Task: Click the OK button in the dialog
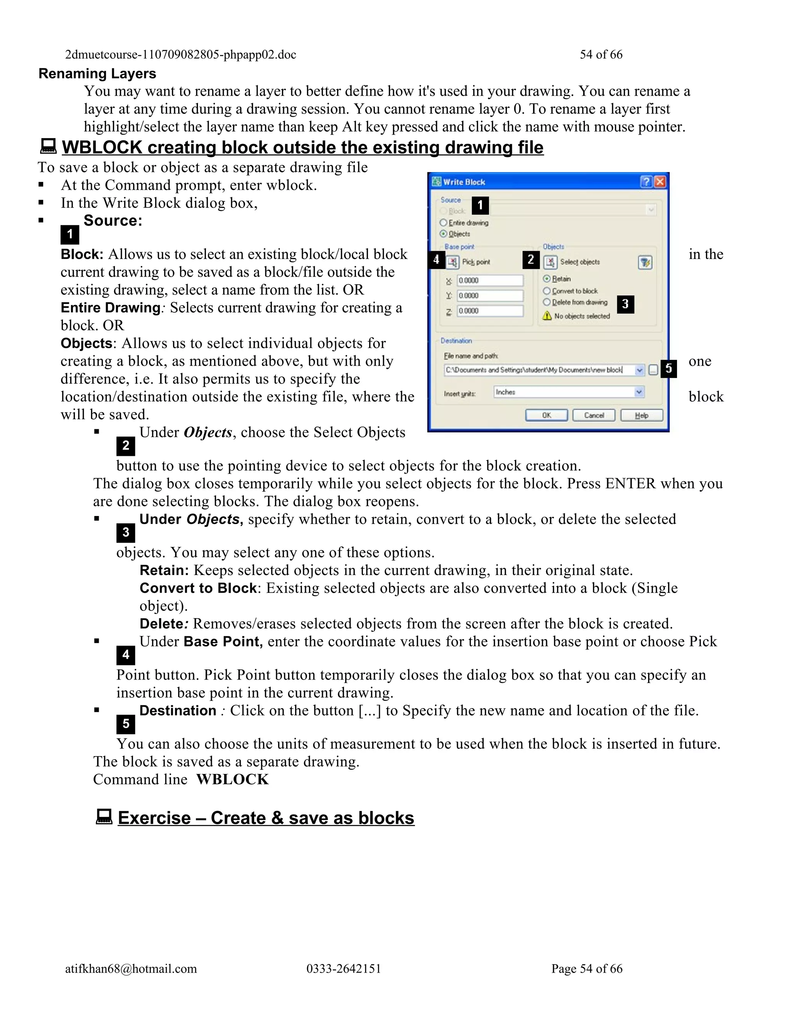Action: pyautogui.click(x=546, y=415)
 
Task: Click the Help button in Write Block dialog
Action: pyautogui.click(x=641, y=415)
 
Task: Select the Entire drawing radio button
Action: pyautogui.click(x=443, y=223)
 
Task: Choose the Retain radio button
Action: pyautogui.click(x=546, y=279)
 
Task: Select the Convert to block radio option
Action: pyautogui.click(x=546, y=291)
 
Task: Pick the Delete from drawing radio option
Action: pyautogui.click(x=546, y=302)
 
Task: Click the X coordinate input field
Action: pyautogui.click(x=490, y=280)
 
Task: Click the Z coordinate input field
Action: pyautogui.click(x=490, y=311)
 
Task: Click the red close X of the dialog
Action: pyautogui.click(x=660, y=182)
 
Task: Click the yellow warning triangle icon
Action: pyautogui.click(x=547, y=316)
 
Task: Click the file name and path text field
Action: pyautogui.click(x=538, y=370)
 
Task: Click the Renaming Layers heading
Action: pyautogui.click(x=97, y=73)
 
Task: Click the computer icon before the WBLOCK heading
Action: pyautogui.click(x=48, y=147)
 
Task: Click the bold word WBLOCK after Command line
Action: pyautogui.click(x=233, y=779)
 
